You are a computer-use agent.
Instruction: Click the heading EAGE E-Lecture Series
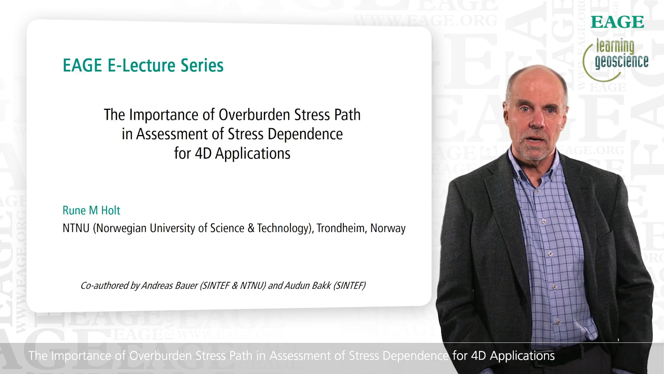click(143, 65)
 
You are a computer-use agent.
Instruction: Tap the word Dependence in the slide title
click(305, 134)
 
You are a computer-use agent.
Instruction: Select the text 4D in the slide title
click(203, 153)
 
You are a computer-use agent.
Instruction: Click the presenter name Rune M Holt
click(91, 210)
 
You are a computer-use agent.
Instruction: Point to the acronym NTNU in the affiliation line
click(76, 228)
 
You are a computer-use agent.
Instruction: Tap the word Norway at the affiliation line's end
click(388, 229)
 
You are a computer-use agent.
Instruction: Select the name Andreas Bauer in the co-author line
click(169, 285)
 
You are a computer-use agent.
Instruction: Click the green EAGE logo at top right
click(617, 22)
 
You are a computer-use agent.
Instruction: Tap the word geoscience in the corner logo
click(621, 61)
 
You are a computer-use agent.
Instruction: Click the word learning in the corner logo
click(615, 46)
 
